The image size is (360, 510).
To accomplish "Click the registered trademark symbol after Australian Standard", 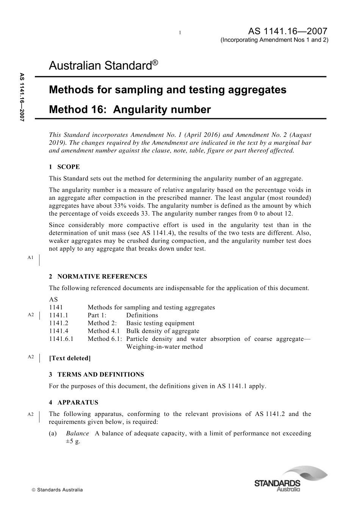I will coord(155,62).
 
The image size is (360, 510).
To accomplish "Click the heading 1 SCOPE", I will coord(64,167).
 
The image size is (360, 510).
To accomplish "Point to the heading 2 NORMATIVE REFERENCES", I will coord(98,276).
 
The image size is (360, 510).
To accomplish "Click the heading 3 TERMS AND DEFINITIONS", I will coord(96,375).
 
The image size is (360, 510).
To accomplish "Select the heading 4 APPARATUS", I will coord(74,403).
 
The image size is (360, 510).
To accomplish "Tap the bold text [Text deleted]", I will coord(70,358).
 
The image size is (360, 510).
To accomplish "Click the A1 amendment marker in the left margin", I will coord(31,257).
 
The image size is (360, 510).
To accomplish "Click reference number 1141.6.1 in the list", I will coord(61,339).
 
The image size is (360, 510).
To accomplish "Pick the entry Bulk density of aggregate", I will coord(163,331).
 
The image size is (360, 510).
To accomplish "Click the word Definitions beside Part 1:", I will coord(142,315).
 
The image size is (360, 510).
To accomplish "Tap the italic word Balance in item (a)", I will coord(77,433).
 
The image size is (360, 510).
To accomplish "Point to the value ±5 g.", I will coord(73,441).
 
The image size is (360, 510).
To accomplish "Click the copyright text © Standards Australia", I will coord(57,490).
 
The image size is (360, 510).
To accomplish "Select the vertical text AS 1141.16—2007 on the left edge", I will coord(22,97).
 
